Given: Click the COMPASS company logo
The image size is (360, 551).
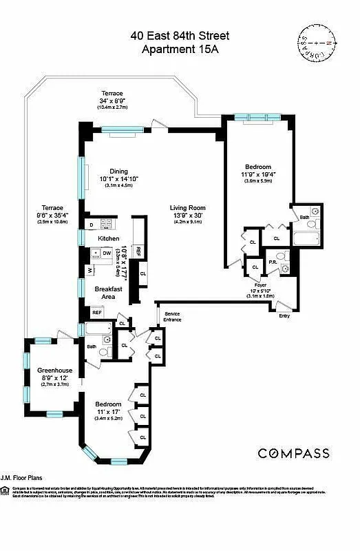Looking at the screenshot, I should pos(293,453).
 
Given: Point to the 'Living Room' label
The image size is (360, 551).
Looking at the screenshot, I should pos(188,207).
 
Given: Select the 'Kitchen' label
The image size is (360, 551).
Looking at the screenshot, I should pos(109,238).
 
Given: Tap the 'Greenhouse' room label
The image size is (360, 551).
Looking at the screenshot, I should pos(55,370).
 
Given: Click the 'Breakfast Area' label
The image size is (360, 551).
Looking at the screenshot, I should pos(109,293).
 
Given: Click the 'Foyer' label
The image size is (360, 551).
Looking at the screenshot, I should pos(260,284).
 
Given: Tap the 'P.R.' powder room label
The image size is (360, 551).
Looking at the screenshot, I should pos(273,262).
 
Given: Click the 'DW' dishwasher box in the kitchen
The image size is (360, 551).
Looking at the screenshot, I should pos(107,253).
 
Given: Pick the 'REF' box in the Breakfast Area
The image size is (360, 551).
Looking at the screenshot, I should pos(97,312).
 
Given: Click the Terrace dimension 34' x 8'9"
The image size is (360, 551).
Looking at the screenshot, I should pos(112,101).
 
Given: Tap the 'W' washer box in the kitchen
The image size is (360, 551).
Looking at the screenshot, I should pos(90,269).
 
